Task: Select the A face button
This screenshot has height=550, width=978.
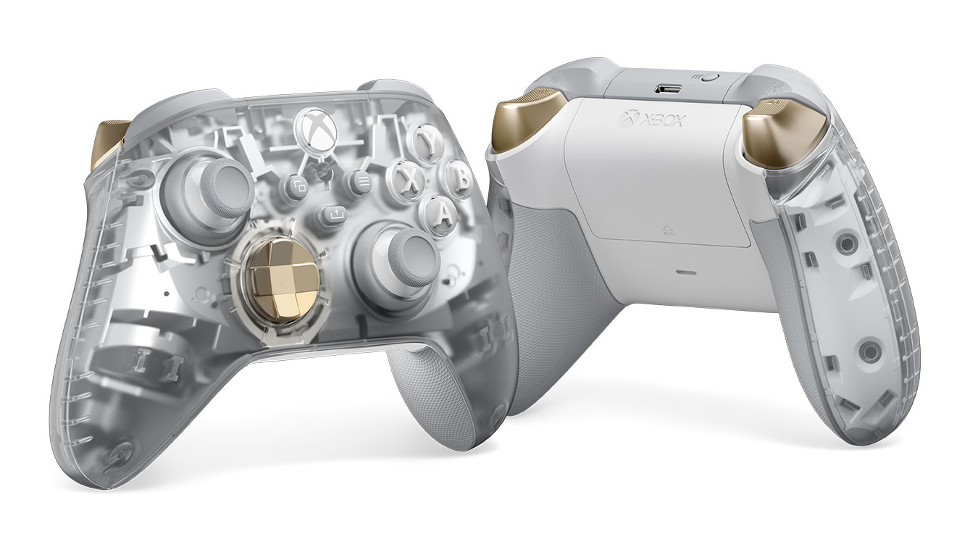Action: pos(443,212)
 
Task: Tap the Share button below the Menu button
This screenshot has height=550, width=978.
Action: pos(333,214)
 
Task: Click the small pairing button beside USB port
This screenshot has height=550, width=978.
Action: pos(709,76)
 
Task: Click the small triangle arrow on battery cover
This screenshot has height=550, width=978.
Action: pos(668,232)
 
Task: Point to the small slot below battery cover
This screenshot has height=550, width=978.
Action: pos(683,273)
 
